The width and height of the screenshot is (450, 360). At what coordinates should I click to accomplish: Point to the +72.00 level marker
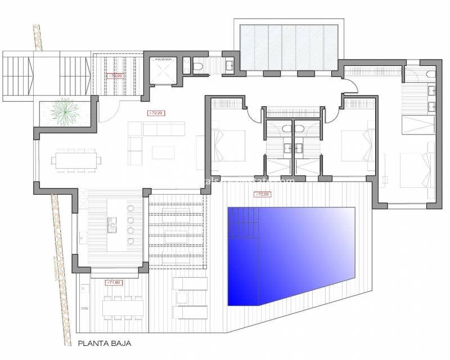(262, 195)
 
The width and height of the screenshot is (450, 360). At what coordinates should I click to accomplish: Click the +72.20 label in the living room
(155, 113)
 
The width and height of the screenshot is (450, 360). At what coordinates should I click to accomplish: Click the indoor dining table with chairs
(75, 159)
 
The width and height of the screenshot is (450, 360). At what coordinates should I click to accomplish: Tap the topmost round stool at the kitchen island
(132, 209)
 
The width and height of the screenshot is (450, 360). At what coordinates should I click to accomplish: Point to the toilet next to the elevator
(198, 67)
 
